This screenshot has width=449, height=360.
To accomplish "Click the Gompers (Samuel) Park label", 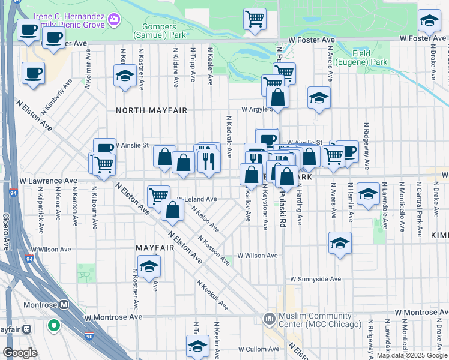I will pos(160,31).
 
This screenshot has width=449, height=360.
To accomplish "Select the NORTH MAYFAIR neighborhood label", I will pos(152,110).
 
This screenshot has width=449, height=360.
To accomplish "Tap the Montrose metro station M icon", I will pos(64,305).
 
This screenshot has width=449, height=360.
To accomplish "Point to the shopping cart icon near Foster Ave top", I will pos(255,19).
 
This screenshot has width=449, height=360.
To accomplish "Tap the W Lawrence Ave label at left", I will pos(48,180).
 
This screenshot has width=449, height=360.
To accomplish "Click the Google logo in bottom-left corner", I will pos(20,353).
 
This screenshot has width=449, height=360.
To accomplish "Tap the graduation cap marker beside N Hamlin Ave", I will pos(368,193).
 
